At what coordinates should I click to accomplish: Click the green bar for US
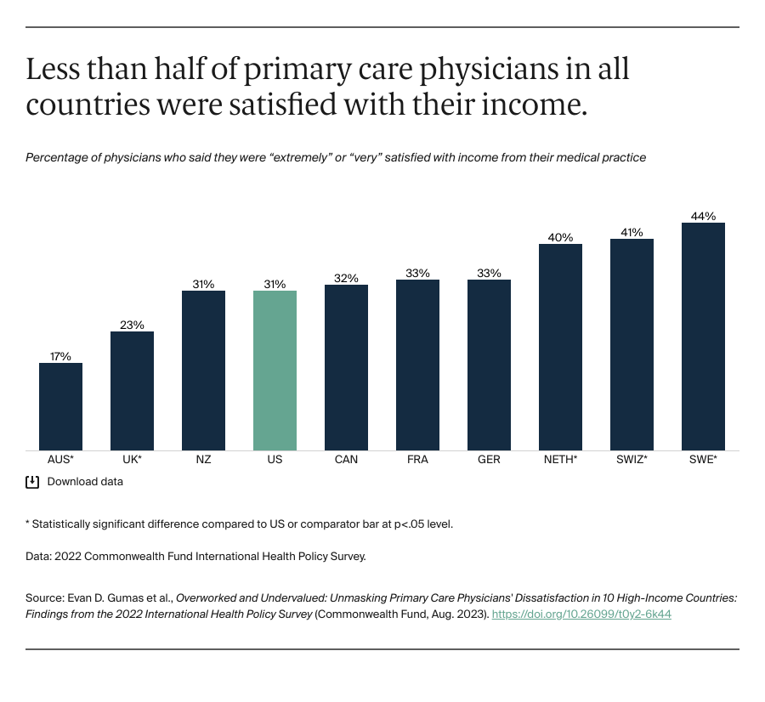point(275,371)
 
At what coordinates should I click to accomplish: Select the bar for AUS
point(60,406)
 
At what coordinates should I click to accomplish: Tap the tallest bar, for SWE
point(703,337)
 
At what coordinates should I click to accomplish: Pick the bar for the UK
point(132,391)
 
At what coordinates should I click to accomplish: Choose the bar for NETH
point(560,347)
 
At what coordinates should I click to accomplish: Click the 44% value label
point(703,216)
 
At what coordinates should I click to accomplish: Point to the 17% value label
point(60,356)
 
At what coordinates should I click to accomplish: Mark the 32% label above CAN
point(346,278)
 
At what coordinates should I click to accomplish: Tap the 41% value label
point(632,232)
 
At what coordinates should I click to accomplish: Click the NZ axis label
point(203,460)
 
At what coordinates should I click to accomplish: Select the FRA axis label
point(417,460)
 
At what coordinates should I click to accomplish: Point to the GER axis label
point(489,460)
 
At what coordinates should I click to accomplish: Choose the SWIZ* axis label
point(632,460)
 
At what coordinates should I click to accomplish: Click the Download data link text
point(85,482)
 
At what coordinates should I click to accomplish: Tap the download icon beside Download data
point(32,482)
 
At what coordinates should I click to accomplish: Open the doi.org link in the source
point(581,614)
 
